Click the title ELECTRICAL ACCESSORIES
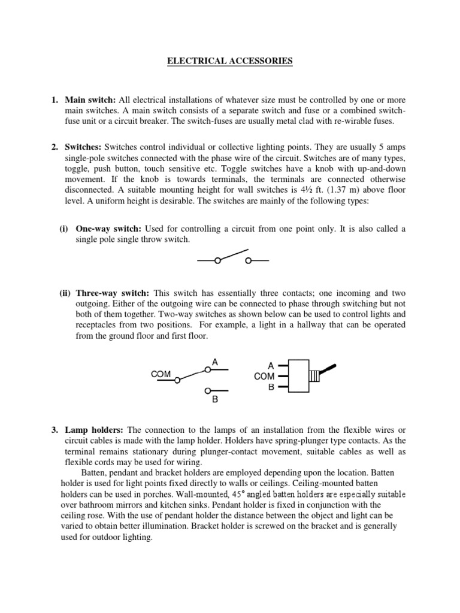pos(230,60)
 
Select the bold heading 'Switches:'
pos(83,147)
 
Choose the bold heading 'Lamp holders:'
pos(94,430)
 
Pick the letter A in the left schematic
pos(214,362)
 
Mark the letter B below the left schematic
pos(214,400)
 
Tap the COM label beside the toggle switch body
pos(264,376)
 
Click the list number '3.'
pos(55,430)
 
